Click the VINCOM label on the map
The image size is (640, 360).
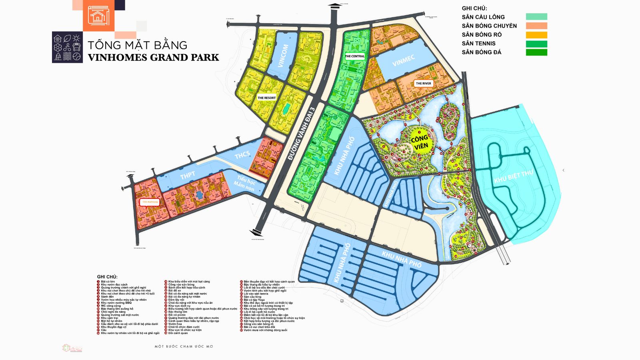point(282,56)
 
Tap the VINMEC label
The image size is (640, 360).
point(403,61)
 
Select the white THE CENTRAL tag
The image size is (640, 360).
point(354,56)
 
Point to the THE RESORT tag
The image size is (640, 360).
point(266,98)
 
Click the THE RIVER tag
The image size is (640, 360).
point(423,84)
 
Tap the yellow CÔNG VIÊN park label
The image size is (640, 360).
point(420,142)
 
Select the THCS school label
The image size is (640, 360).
point(242,155)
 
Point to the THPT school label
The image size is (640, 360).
point(187,175)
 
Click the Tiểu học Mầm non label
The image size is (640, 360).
point(244,184)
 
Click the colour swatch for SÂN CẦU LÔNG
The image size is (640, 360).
point(536,17)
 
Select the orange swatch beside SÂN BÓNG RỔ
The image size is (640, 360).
point(536,35)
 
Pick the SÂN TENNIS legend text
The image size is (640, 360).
point(478,44)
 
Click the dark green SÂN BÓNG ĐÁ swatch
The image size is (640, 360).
point(536,52)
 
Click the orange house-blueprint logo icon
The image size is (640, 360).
point(98,16)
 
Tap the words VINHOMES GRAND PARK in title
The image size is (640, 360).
point(153,58)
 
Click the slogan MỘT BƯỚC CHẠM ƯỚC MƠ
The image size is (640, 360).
point(184,346)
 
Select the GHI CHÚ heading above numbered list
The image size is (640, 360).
point(107,277)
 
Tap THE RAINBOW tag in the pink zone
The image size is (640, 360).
point(150,202)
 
